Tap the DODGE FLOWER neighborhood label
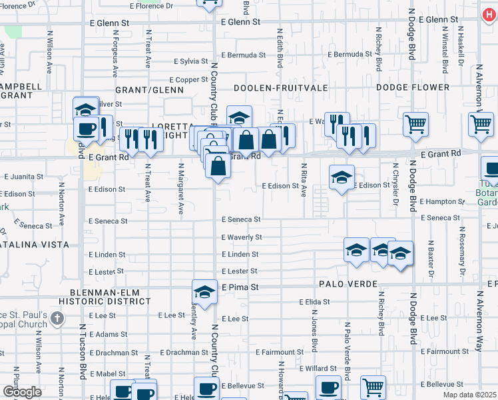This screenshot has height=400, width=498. point(413,87)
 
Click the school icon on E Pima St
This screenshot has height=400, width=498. point(204,291)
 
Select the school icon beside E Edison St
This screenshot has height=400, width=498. point(342,177)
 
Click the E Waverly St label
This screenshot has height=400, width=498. point(242,237)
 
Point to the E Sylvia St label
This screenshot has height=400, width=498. point(191,61)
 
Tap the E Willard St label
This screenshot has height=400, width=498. point(318,368)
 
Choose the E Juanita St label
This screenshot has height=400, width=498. point(24,177)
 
